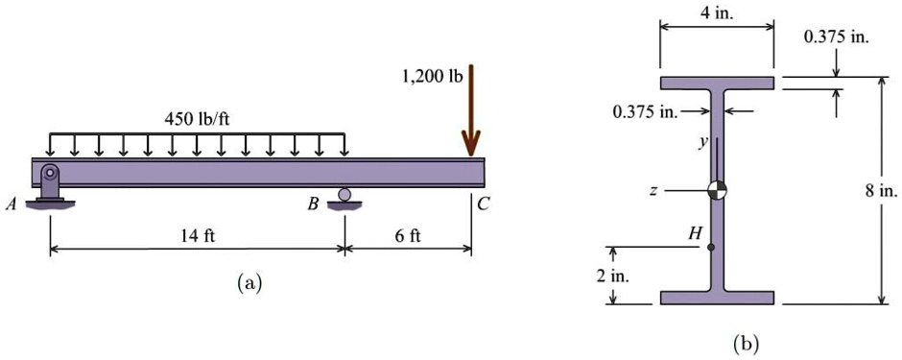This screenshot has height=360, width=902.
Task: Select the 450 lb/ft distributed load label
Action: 199,119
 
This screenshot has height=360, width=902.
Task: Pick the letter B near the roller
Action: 314,204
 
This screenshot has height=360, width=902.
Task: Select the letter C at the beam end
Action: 483,204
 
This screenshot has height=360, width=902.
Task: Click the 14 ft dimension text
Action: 198,236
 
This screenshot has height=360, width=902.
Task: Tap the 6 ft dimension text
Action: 408,236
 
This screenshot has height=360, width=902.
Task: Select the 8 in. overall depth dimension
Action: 880,191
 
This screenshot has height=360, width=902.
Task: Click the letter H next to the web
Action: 695,232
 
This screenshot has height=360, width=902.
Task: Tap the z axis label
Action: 653,191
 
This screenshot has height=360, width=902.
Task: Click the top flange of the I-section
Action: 717,83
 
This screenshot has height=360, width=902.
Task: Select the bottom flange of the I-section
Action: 717,297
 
